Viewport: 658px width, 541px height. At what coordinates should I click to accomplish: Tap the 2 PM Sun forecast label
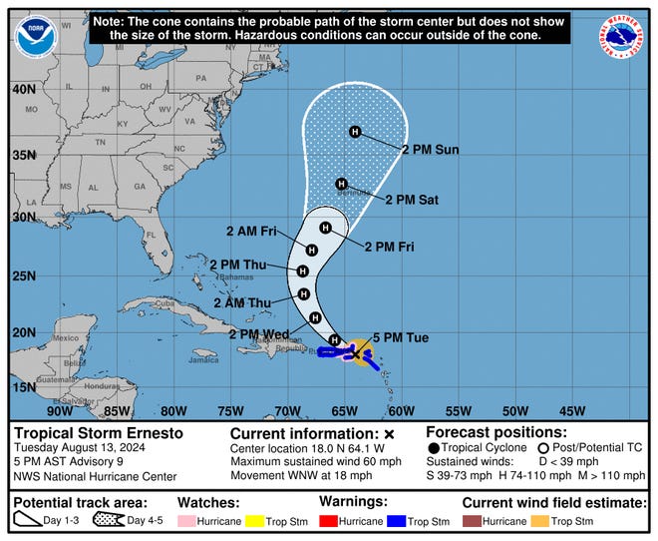(430, 150)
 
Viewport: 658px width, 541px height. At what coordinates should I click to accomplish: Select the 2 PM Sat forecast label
(412, 200)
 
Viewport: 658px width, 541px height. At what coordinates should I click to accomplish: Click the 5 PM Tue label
(401, 337)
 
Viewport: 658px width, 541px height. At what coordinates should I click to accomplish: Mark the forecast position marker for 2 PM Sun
(354, 132)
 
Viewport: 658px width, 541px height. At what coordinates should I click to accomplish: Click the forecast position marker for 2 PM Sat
(342, 184)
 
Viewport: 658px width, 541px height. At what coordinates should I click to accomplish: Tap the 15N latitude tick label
(23, 386)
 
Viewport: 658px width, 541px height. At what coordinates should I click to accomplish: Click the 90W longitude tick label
(60, 410)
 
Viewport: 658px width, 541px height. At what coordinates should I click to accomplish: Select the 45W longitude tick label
(572, 410)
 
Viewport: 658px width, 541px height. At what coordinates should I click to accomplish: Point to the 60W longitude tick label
(401, 410)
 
